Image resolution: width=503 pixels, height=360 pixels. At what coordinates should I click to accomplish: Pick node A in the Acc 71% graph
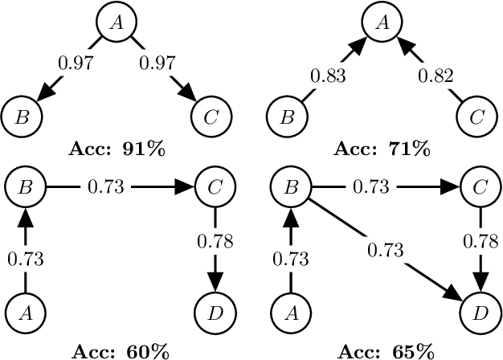[383, 23]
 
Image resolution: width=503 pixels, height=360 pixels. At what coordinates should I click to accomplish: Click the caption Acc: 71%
[383, 149]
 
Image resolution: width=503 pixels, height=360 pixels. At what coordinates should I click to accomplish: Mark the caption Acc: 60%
[119, 351]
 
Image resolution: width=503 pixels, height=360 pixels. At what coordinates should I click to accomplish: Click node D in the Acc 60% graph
[213, 311]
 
